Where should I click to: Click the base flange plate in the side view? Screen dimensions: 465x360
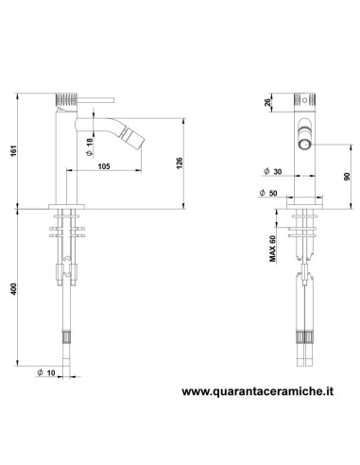pos(65,204)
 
